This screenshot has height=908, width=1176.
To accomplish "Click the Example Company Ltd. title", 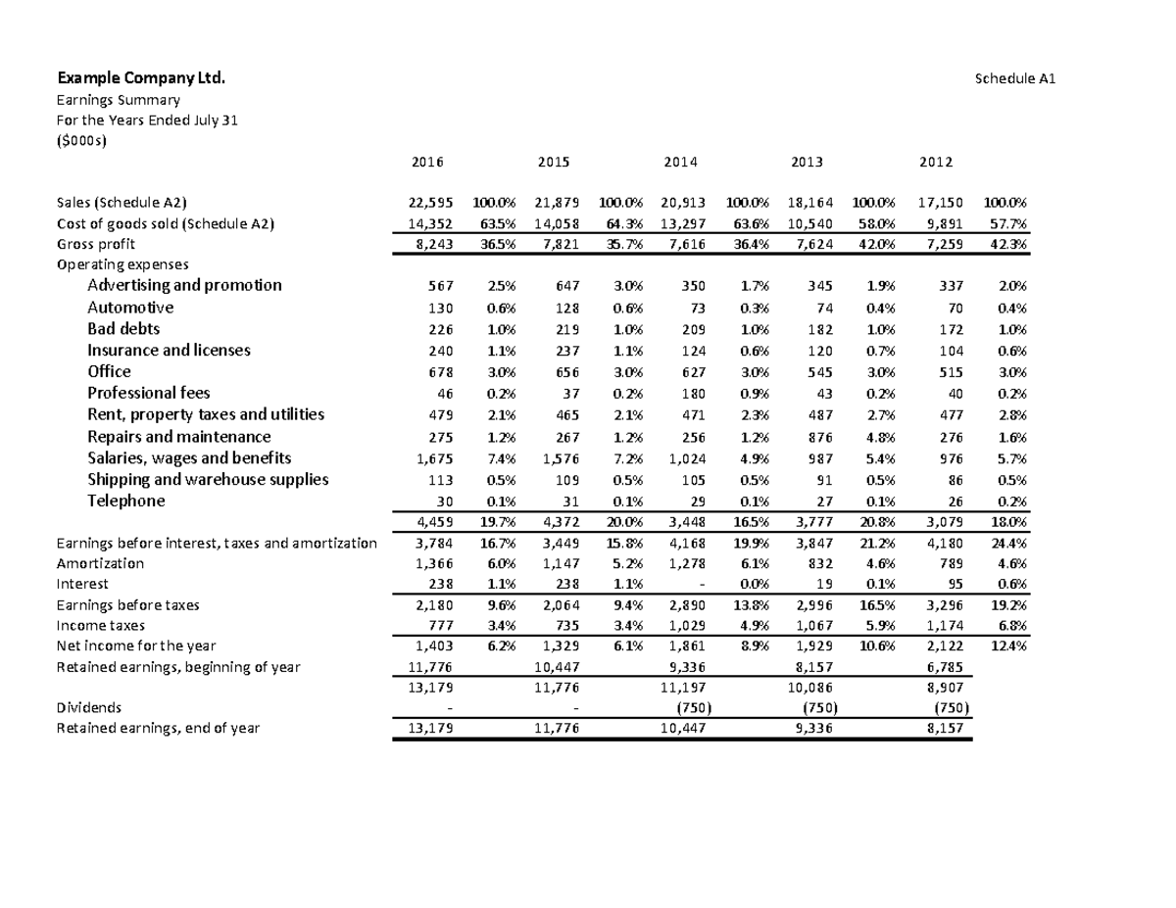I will click(141, 77).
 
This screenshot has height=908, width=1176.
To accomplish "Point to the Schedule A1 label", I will click(1013, 78).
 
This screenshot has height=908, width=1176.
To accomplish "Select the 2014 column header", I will click(680, 162).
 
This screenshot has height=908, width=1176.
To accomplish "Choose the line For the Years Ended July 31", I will click(147, 119).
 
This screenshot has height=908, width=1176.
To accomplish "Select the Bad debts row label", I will click(123, 328).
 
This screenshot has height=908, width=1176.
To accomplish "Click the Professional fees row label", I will click(148, 393).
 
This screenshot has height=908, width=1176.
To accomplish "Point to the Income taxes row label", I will click(101, 624).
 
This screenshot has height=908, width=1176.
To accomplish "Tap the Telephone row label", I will click(126, 501).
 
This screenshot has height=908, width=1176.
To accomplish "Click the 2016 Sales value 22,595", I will click(430, 203).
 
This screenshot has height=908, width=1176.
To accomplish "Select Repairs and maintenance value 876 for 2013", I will click(822, 437).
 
